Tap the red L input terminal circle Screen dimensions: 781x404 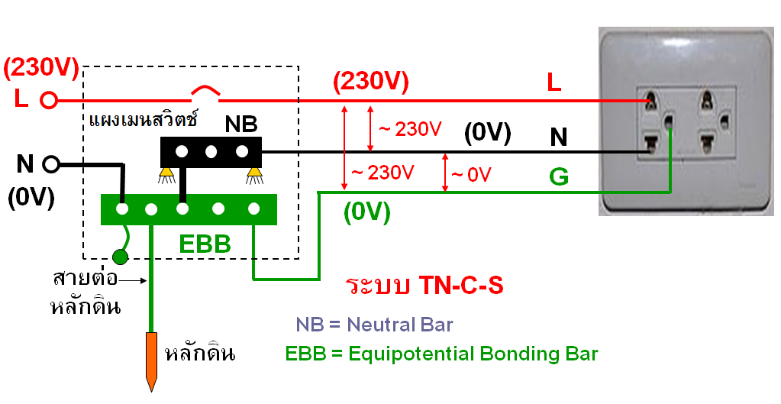(x=48, y=101)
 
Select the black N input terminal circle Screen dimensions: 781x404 (x=51, y=164)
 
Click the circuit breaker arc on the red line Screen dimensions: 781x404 (x=205, y=90)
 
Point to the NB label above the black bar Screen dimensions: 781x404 (x=241, y=124)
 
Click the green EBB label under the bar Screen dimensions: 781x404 (x=205, y=244)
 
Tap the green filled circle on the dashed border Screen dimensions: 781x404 (x=120, y=257)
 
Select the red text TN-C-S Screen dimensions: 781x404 (x=460, y=286)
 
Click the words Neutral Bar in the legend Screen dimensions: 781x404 (x=400, y=325)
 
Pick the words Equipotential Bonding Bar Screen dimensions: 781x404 (x=473, y=354)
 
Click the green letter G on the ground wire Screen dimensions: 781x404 (x=559, y=177)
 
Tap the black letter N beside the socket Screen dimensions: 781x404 (x=559, y=137)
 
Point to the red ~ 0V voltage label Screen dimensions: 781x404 (x=471, y=174)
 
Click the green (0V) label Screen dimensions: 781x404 (x=367, y=213)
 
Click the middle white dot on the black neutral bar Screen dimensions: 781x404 (x=211, y=151)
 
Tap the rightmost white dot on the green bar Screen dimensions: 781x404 (x=254, y=208)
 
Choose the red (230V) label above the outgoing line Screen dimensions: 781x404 (x=371, y=81)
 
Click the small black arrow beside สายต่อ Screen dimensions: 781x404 (x=134, y=280)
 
